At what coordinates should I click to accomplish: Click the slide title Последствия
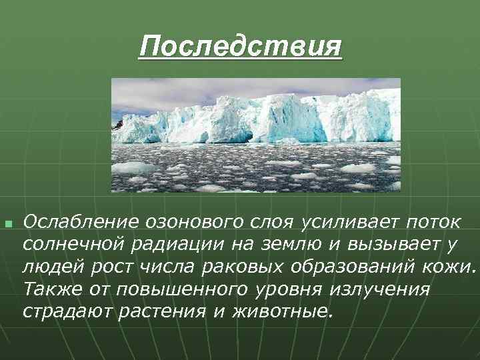(x=240, y=47)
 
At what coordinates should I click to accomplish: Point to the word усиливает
(x=342, y=221)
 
